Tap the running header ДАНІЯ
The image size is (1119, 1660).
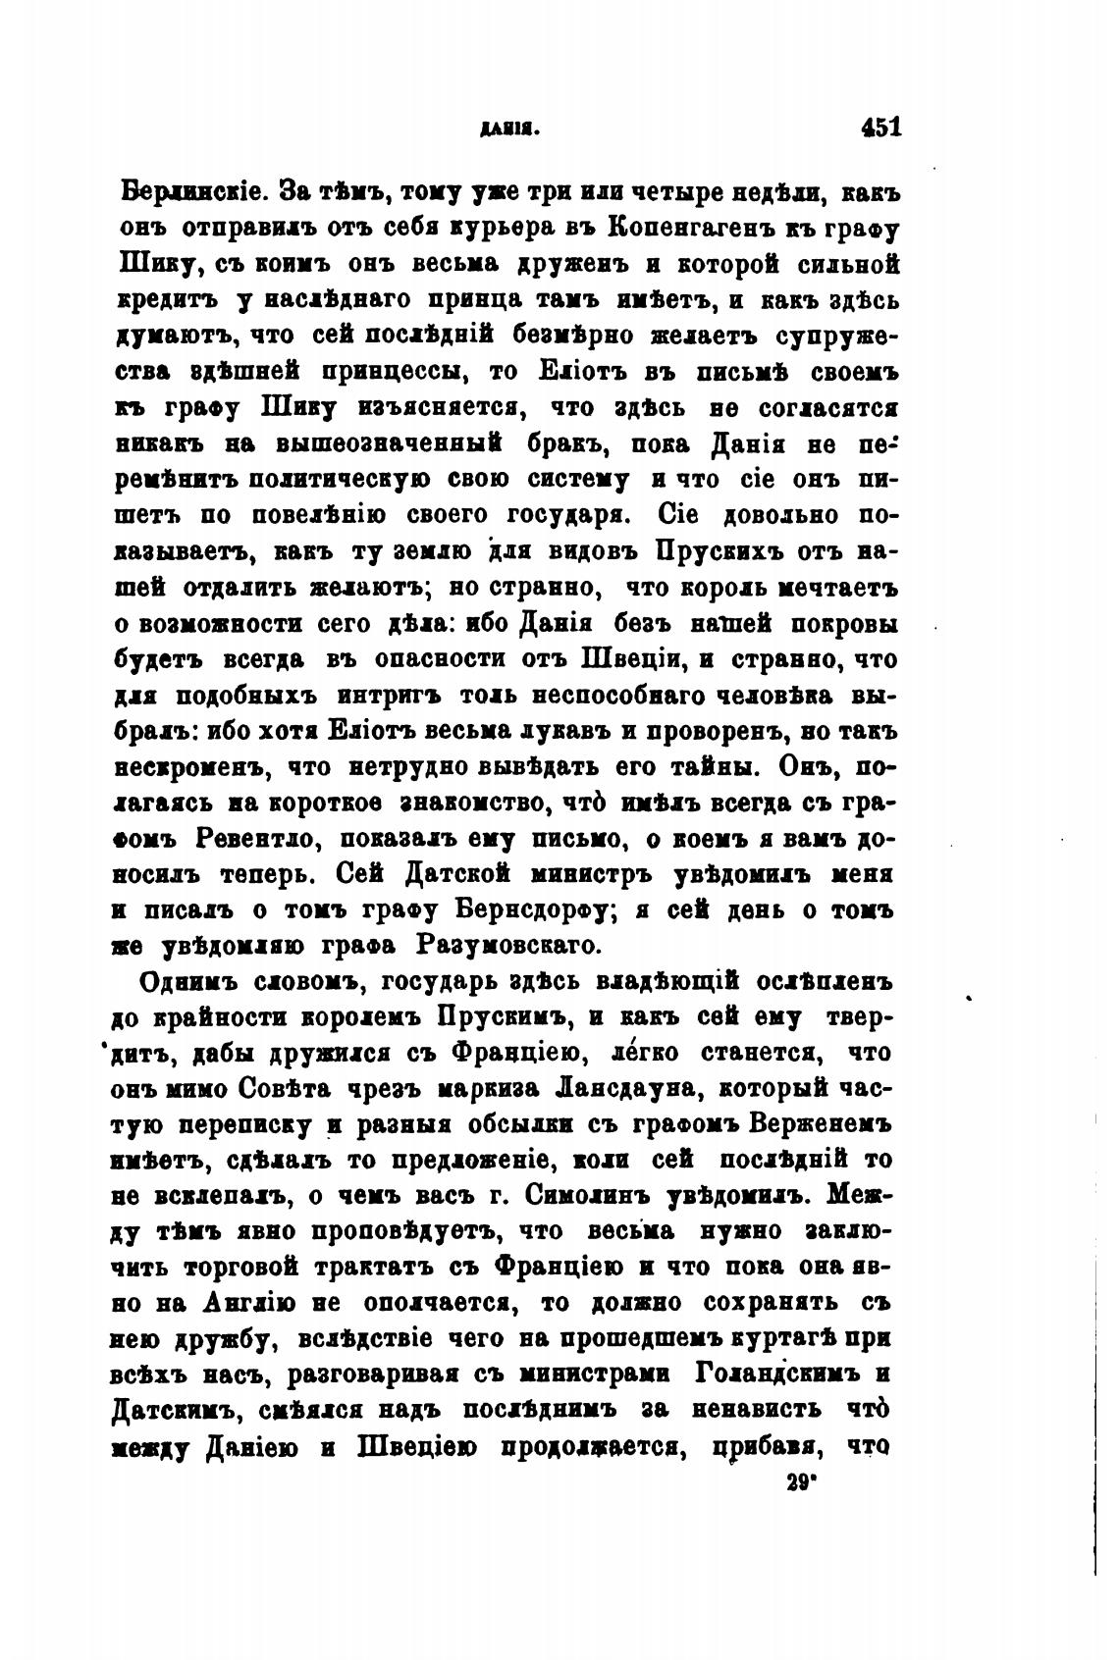coord(506,129)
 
